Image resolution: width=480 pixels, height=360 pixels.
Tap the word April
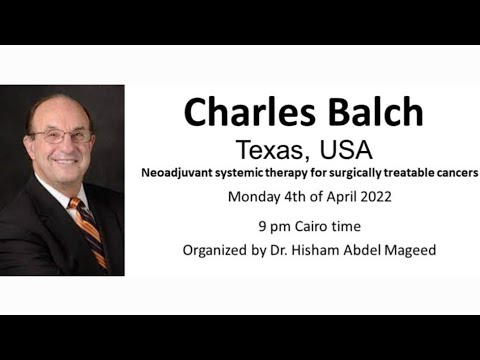coord(336,197)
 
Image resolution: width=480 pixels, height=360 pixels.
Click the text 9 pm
coord(271,225)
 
